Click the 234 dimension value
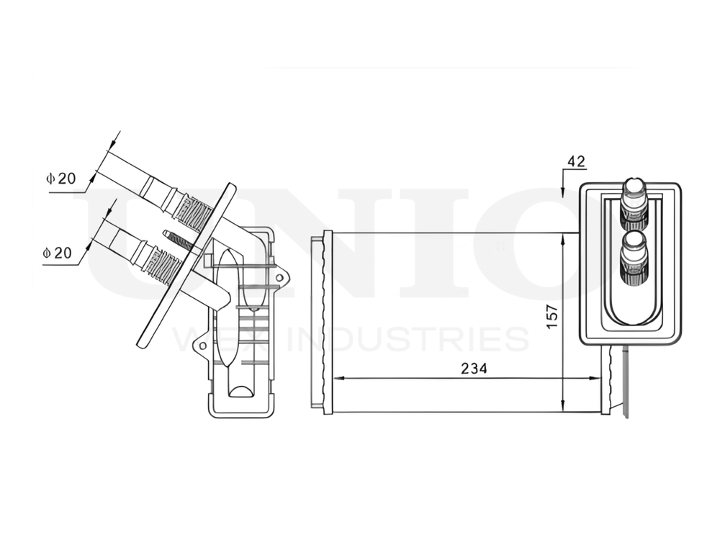pyautogui.click(x=473, y=368)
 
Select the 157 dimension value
pyautogui.click(x=552, y=318)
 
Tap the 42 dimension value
pyautogui.click(x=576, y=161)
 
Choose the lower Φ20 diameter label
pyautogui.click(x=57, y=253)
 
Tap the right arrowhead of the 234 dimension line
pyautogui.click(x=595, y=377)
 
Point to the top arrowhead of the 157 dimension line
pyautogui.click(x=562, y=238)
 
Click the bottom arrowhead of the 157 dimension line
pyautogui.click(x=562, y=407)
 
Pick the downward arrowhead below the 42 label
pyautogui.click(x=562, y=193)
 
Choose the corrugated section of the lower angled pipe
pyautogui.click(x=164, y=266)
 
